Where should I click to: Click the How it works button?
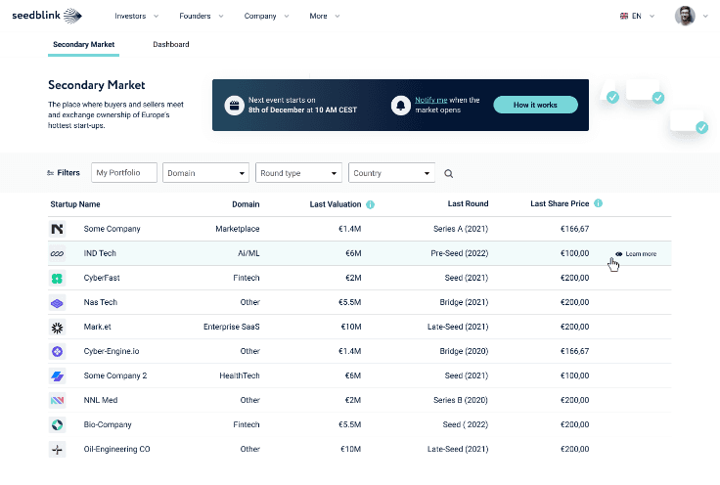point(535,105)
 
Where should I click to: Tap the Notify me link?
point(430,100)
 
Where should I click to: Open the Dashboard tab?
point(171,45)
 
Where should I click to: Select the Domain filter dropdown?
point(205,173)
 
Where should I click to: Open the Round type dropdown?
point(298,173)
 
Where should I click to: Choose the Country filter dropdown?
point(391,173)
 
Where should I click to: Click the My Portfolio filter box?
point(124,172)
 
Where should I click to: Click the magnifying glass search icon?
point(449,173)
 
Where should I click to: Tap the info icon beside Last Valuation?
point(370,204)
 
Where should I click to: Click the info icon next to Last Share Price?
point(598,203)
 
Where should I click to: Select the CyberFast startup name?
point(102,278)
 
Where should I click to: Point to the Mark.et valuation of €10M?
point(351,327)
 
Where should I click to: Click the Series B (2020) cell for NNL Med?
point(461,400)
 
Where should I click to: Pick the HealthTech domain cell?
point(240,375)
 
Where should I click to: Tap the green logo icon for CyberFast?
point(57,278)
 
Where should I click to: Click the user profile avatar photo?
point(685,16)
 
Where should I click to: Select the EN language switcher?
point(637,16)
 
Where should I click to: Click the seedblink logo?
point(47,16)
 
